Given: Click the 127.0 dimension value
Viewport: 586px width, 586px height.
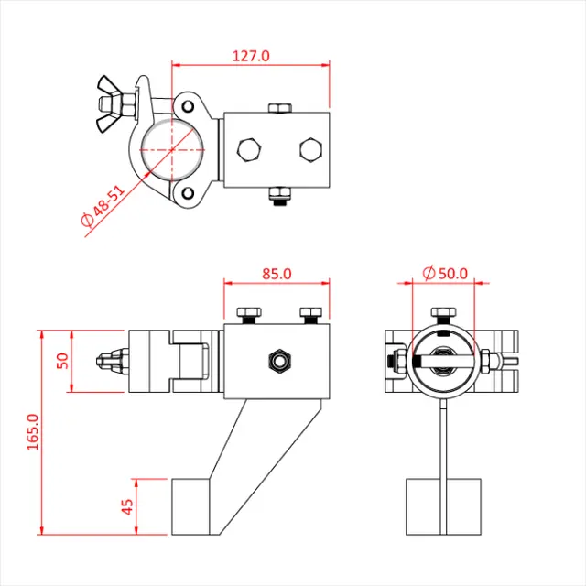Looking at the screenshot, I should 251,55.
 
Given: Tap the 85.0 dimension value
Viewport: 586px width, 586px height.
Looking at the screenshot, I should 276,273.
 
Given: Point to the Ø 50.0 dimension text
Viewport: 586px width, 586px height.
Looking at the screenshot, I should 445,273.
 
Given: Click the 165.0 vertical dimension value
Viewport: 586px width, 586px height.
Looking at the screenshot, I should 33,431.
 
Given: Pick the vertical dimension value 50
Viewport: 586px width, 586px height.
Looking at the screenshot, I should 63,360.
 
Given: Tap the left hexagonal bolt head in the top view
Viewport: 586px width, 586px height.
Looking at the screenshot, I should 248,149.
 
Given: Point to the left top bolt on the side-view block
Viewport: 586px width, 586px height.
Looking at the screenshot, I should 246,315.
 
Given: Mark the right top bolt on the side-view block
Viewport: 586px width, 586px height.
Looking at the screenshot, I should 311,315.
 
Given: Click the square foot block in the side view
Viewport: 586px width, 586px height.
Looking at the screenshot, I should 193,505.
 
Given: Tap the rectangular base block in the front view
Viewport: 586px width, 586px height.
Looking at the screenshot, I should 444,505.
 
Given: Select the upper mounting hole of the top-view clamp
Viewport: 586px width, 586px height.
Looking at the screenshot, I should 190,103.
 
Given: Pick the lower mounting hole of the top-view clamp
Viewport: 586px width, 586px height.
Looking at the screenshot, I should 189,194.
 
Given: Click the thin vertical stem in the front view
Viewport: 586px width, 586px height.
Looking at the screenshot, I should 444,439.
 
